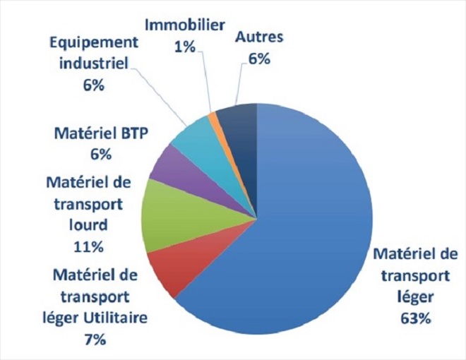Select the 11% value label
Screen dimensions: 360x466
(89, 246)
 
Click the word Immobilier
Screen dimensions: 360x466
(185, 25)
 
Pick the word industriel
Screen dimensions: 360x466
(93, 64)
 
